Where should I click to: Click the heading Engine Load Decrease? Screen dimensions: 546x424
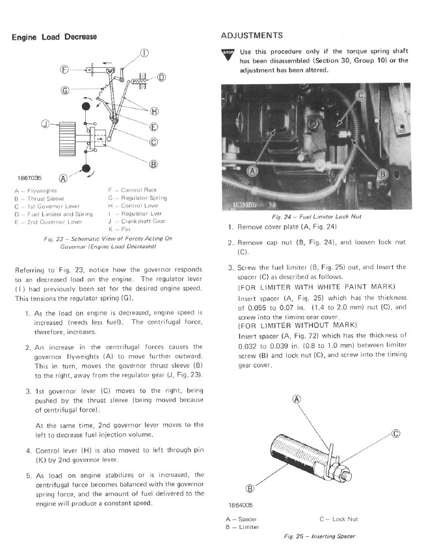coord(55,37)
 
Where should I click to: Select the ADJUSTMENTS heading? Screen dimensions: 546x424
coord(252,35)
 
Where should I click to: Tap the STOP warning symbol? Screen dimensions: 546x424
coord(228,53)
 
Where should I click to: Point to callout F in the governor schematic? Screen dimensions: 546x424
coord(65,69)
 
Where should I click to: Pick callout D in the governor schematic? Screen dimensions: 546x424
coord(161,78)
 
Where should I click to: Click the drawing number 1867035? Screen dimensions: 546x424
coord(29,177)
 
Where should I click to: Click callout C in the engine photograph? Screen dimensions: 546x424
coord(362,96)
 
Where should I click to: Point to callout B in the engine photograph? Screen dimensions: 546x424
coord(383,174)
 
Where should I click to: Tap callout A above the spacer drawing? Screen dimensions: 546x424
coord(297,400)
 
